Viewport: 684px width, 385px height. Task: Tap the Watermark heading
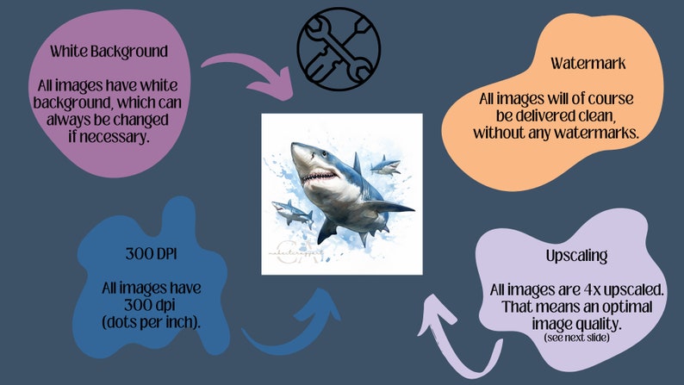[x=576, y=64]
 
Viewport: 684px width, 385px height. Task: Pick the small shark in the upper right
[x=386, y=165]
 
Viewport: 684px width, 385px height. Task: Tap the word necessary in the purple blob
[x=107, y=135]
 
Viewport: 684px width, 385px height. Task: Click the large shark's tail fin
[x=326, y=231]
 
